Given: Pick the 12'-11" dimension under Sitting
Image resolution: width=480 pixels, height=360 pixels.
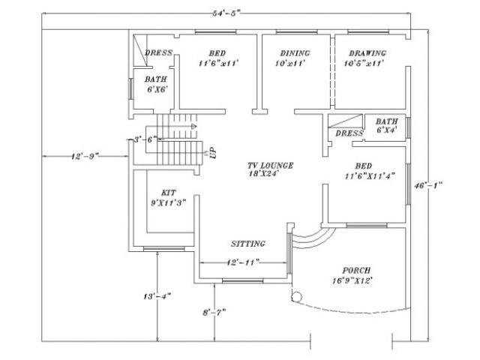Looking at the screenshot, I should point(242,262).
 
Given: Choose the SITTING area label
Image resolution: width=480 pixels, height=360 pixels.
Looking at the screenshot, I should point(247,244).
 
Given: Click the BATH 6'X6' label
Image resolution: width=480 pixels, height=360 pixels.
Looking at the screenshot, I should point(156,83).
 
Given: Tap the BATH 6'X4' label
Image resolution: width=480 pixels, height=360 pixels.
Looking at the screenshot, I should point(387,125).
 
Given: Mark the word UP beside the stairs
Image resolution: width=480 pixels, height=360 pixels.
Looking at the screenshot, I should point(213,153).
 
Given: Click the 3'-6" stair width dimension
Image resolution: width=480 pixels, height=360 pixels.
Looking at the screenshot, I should point(144,139).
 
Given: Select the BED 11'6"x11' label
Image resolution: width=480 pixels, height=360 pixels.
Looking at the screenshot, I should point(217,58).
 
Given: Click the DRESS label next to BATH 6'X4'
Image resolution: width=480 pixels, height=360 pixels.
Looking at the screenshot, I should point(349,133).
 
